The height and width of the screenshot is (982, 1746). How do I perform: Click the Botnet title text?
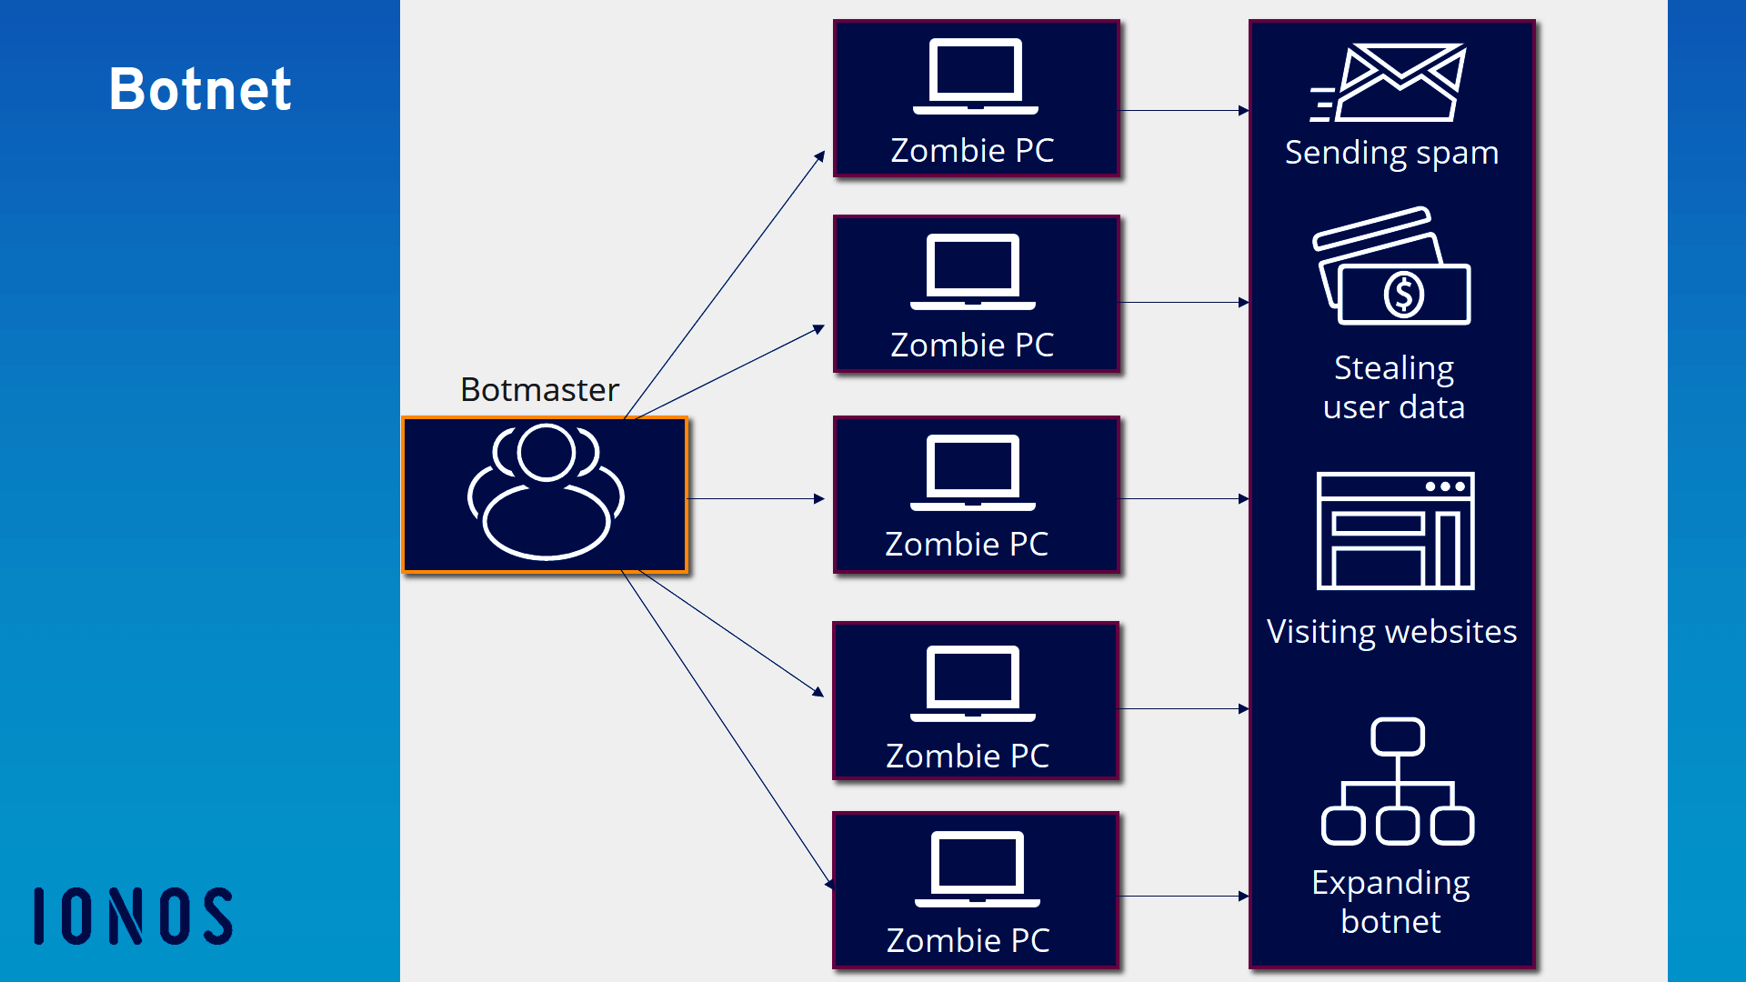200,89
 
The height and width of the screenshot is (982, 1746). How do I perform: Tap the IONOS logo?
134,916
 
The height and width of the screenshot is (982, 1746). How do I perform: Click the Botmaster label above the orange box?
539,389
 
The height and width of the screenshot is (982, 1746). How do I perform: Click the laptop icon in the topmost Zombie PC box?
975,76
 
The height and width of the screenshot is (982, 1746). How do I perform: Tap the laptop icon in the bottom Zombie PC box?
977,869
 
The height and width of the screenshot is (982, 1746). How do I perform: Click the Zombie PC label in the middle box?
967,544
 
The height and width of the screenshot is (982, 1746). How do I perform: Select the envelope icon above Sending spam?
1391,83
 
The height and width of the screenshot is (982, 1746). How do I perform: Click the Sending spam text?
1391,153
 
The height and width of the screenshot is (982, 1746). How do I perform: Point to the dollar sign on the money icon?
1403,295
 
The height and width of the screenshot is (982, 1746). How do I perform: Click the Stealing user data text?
1393,387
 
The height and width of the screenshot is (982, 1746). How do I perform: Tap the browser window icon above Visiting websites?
1395,531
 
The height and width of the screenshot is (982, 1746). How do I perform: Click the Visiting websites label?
1391,631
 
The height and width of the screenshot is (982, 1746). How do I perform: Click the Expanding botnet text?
1390,902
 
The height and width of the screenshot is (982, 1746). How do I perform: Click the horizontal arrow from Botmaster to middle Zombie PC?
755,498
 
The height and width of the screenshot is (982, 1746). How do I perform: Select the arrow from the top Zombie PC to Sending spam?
1183,111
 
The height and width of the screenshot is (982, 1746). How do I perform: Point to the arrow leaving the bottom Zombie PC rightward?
1183,896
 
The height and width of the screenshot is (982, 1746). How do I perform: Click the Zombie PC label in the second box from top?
972,345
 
